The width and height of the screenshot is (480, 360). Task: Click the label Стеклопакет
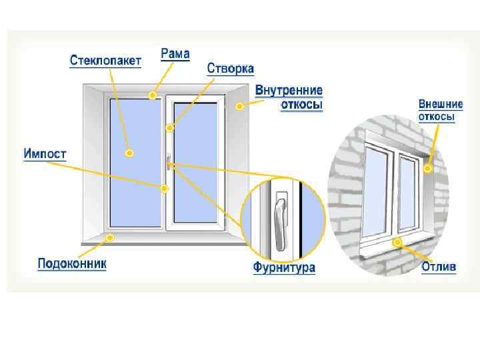[106, 61]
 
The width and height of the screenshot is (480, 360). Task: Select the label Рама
[175, 53]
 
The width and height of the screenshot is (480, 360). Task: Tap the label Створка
[230, 69]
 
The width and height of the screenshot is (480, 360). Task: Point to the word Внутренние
[289, 90]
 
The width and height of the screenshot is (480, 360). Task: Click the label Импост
[45, 154]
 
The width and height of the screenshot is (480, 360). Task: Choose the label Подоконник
[71, 265]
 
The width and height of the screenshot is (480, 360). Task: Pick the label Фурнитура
[283, 269]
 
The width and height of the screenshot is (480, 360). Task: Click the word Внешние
[436, 104]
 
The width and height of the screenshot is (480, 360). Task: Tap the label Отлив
[438, 267]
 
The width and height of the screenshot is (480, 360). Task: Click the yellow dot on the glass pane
[129, 153]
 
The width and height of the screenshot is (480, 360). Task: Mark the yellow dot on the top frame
[153, 96]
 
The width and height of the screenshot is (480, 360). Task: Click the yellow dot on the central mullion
[164, 189]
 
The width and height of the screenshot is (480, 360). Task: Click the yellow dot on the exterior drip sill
[397, 242]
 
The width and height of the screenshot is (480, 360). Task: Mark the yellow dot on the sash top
[170, 127]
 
